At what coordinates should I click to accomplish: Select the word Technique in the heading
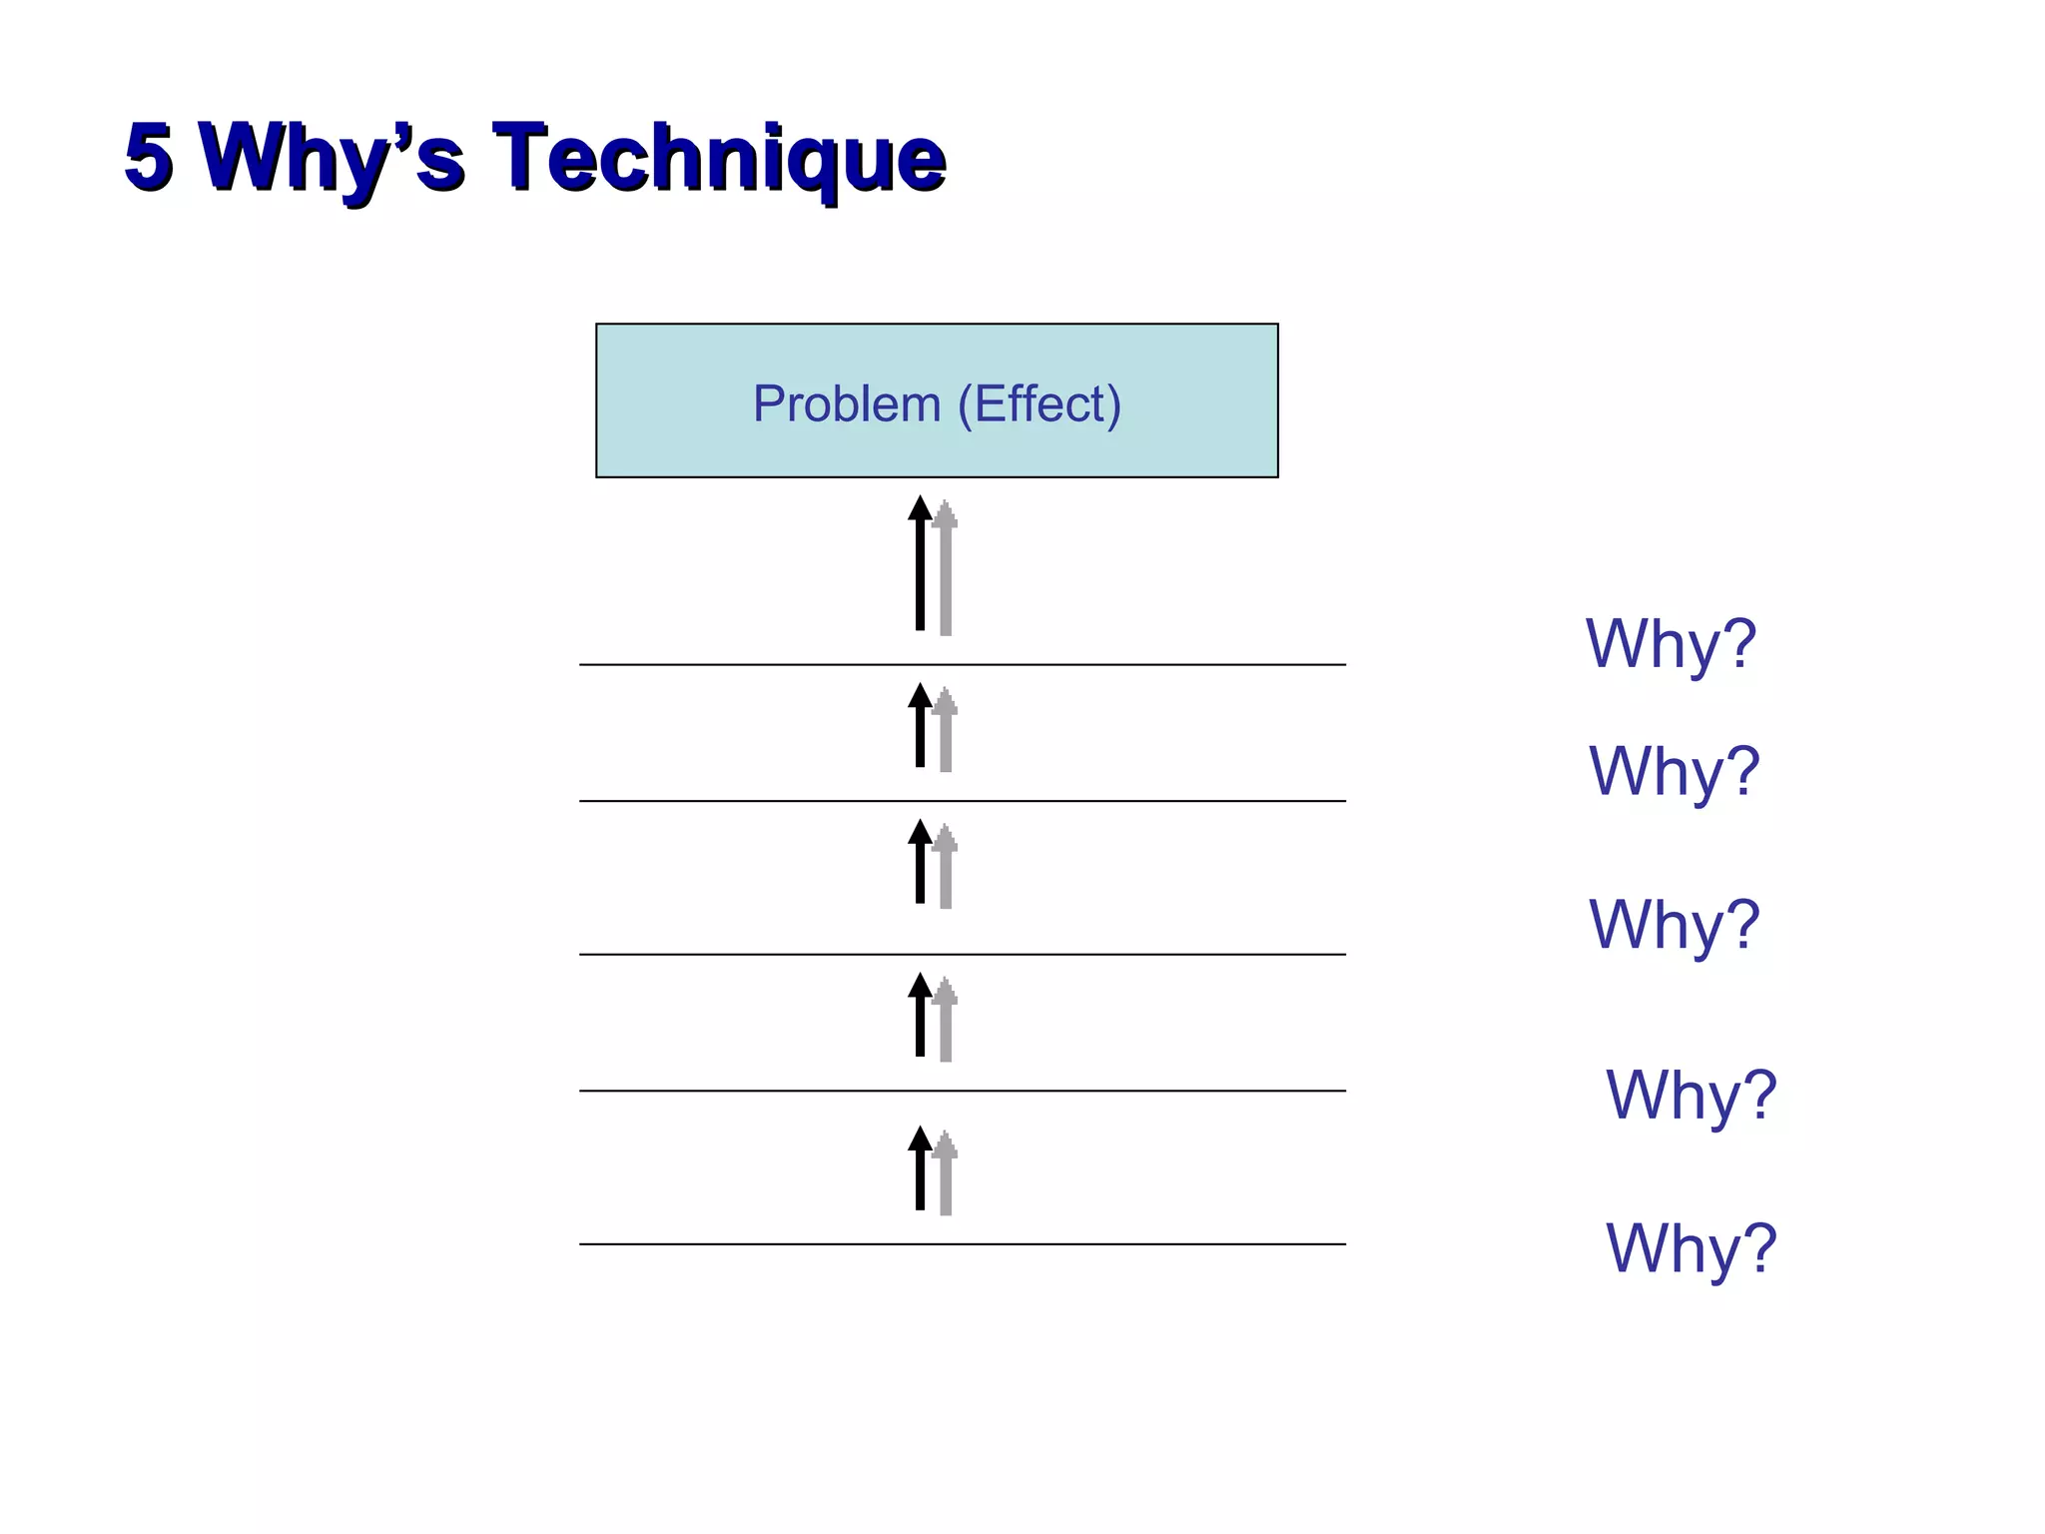719,157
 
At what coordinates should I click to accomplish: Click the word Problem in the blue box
846,404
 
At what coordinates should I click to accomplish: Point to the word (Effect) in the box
1038,404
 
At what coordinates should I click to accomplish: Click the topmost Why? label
1671,644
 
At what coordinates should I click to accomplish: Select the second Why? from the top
1674,772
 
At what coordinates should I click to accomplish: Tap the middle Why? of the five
1674,925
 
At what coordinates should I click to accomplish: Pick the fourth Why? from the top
1691,1096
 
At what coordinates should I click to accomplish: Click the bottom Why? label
1691,1248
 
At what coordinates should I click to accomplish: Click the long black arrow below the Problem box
920,564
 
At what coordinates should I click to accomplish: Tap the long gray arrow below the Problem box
946,569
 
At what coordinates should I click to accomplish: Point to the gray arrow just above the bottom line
946,1174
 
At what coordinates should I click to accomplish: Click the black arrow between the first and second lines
920,726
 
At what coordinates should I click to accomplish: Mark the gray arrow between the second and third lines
946,868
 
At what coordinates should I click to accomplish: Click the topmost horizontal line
962,664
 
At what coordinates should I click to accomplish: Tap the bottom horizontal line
962,1244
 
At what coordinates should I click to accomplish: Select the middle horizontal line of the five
962,955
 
